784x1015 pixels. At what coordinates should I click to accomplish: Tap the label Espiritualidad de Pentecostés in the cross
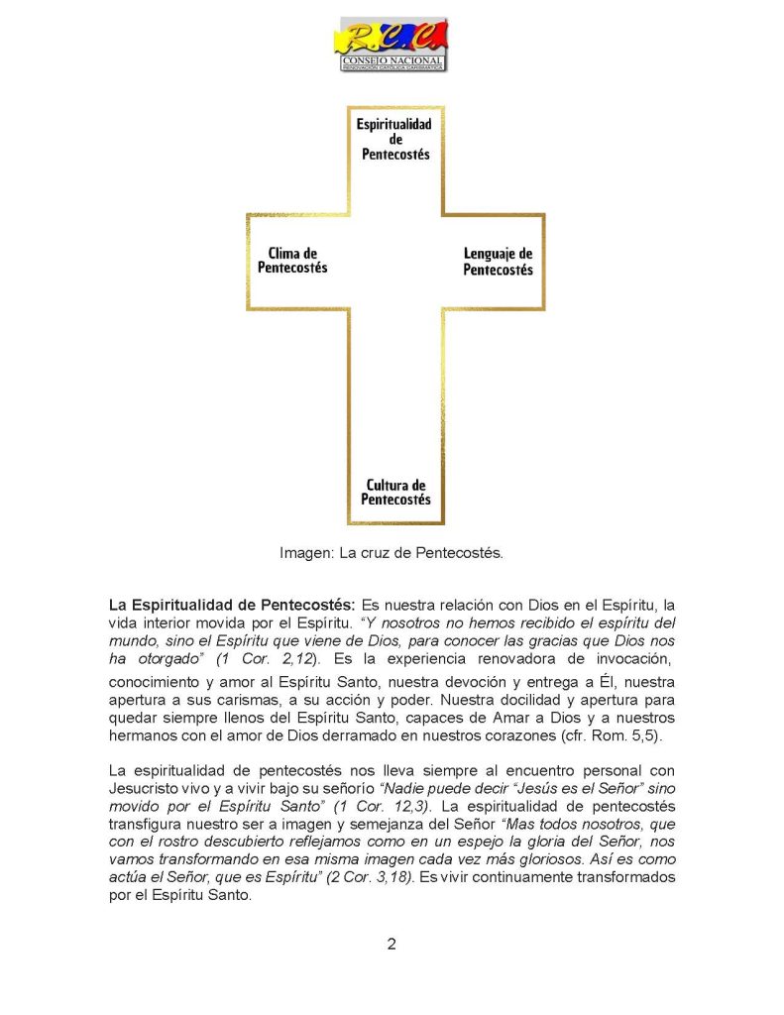click(395, 140)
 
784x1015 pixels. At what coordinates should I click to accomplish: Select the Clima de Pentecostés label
click(292, 261)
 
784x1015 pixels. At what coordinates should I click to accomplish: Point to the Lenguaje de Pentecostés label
click(498, 262)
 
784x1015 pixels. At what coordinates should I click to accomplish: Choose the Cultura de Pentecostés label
click(395, 493)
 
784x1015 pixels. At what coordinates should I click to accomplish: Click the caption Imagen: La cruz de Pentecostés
click(392, 553)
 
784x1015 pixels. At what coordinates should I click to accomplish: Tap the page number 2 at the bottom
click(392, 943)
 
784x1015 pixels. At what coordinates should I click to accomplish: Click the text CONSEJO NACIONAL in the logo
click(393, 59)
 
